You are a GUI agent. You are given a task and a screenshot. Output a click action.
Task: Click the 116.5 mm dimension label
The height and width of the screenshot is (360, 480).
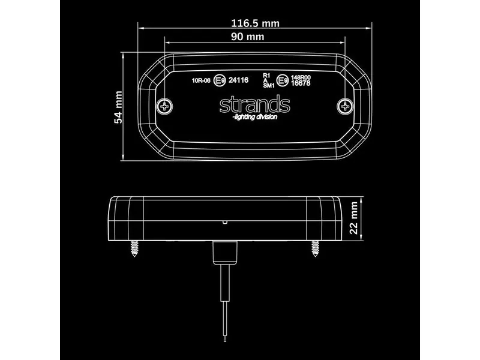[x=255, y=23]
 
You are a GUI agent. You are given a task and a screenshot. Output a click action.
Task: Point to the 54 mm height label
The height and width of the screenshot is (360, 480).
[x=118, y=107]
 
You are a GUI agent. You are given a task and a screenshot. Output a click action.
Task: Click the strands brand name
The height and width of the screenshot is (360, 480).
[x=254, y=105]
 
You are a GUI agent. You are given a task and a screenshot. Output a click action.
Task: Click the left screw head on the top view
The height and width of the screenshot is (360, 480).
[x=166, y=106]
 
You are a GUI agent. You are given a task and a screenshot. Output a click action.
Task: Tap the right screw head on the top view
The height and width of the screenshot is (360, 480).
[x=344, y=106]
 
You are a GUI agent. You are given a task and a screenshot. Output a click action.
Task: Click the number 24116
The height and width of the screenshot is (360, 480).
[x=239, y=79]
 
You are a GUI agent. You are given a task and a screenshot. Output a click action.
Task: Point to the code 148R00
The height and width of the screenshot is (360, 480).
[x=301, y=77]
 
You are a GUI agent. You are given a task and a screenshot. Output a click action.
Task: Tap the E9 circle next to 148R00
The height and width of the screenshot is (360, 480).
[x=281, y=81]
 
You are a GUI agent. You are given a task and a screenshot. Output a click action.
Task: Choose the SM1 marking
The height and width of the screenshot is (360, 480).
[x=268, y=86]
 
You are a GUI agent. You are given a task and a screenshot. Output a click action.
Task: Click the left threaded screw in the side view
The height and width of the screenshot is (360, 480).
[x=134, y=248]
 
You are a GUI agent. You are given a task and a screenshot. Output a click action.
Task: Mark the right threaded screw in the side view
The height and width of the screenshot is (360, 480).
[x=315, y=248]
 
